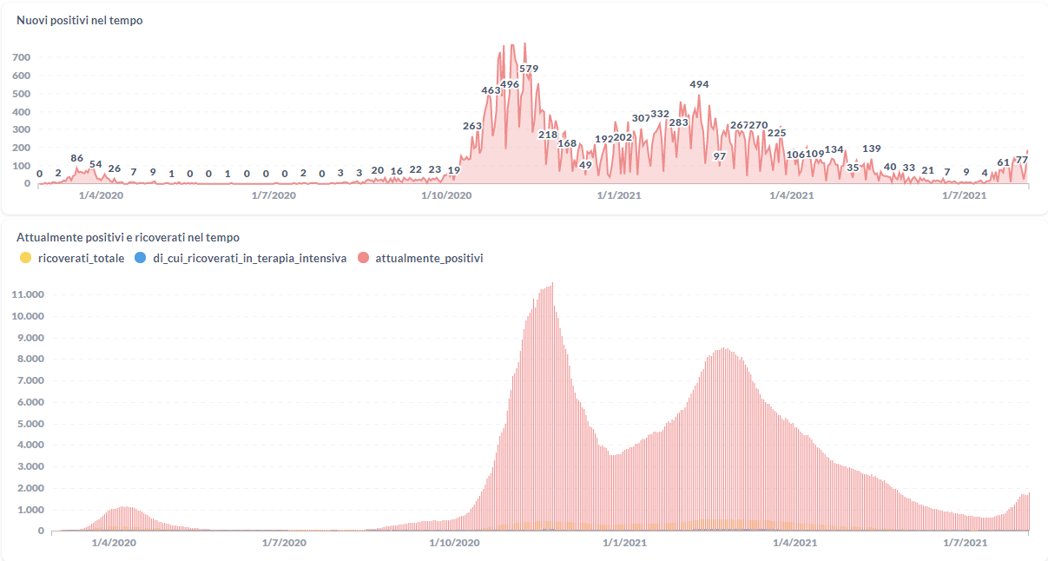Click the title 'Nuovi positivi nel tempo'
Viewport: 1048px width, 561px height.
[79, 21]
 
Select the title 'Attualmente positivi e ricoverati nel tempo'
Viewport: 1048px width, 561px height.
[128, 237]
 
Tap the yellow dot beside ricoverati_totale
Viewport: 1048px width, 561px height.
[26, 258]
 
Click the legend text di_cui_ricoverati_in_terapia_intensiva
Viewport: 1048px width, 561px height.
[249, 258]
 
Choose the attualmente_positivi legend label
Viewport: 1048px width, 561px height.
[429, 258]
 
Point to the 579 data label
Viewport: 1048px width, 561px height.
[529, 69]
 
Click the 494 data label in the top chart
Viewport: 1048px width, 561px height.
[699, 84]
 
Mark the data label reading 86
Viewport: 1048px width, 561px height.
[77, 158]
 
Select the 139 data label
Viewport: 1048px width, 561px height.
[872, 148]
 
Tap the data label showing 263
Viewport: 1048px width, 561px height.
[472, 126]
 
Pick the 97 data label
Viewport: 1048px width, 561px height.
[720, 156]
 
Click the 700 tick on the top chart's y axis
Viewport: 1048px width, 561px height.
[22, 57]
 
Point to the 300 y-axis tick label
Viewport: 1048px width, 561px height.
[22, 130]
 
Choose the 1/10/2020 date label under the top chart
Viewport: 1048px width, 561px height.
[446, 196]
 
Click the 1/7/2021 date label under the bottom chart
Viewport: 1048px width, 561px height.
[965, 543]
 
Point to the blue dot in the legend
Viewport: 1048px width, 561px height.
[141, 258]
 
